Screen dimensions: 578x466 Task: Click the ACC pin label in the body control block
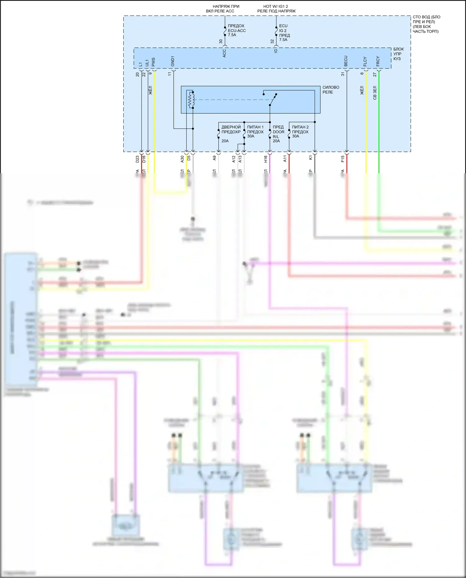pyautogui.click(x=224, y=53)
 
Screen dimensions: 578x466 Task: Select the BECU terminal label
pyautogui.click(x=346, y=61)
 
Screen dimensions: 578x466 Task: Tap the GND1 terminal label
pyautogui.click(x=173, y=61)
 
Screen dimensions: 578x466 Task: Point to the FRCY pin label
pyautogui.click(x=378, y=61)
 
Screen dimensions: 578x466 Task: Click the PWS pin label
pyautogui.click(x=153, y=62)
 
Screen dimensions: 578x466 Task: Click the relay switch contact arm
pyautogui.click(x=272, y=99)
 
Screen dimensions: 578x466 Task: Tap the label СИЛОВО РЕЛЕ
pyautogui.click(x=331, y=90)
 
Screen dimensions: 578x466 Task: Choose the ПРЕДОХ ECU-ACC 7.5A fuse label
pyautogui.click(x=236, y=30)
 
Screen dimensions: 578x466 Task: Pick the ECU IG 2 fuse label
pyautogui.click(x=284, y=33)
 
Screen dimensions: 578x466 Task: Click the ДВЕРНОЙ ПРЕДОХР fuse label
pyautogui.click(x=231, y=130)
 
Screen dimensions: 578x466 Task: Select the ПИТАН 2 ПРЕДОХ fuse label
pyautogui.click(x=300, y=132)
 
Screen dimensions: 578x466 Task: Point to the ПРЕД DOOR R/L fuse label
pyautogui.click(x=278, y=134)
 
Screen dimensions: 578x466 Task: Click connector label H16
pyautogui.click(x=266, y=159)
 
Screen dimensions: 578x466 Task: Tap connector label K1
pyautogui.click(x=310, y=158)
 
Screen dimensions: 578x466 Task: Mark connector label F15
pyautogui.click(x=343, y=159)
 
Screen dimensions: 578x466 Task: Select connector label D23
pyautogui.click(x=137, y=159)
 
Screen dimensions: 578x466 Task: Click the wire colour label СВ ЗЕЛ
pyautogui.click(x=375, y=93)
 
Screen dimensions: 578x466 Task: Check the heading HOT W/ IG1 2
pyautogui.click(x=276, y=6)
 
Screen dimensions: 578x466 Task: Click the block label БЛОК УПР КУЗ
pyautogui.click(x=398, y=54)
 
